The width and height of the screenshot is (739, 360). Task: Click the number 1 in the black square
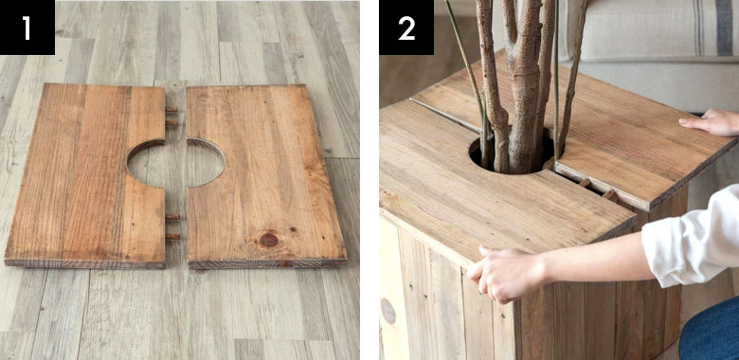click(x=27, y=28)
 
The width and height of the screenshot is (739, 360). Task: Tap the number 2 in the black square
click(x=406, y=28)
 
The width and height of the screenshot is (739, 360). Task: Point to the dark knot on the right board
click(x=269, y=240)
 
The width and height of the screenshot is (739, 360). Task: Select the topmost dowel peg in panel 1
click(x=171, y=109)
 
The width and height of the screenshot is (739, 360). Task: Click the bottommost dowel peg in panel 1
click(x=172, y=237)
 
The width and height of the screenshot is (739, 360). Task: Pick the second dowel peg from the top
click(x=171, y=123)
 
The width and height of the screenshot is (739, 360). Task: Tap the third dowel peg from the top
click(x=172, y=217)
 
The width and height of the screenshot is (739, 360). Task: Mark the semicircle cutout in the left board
click(x=146, y=162)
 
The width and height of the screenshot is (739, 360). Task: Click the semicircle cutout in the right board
click(x=206, y=162)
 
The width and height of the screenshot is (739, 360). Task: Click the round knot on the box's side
click(x=388, y=311)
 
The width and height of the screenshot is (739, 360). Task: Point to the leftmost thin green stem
click(x=465, y=76)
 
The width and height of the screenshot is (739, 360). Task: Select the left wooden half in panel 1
click(x=85, y=175)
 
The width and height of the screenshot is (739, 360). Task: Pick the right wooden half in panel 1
click(x=266, y=176)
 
